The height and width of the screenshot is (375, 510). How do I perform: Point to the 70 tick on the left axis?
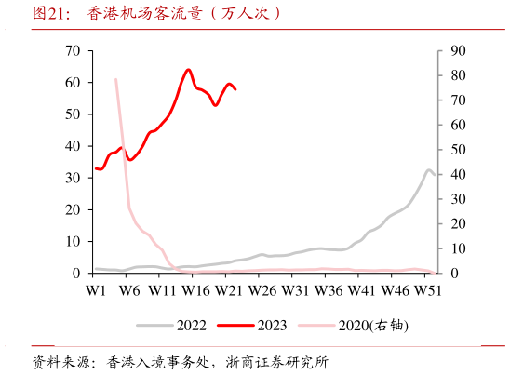[73, 50]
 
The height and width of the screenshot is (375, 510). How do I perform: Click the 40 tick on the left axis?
[73, 146]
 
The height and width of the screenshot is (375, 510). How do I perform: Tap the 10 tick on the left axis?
[73, 241]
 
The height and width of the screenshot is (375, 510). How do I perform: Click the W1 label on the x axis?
[95, 291]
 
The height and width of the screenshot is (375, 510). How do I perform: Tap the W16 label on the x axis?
[195, 291]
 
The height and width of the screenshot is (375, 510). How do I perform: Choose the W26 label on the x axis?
[262, 291]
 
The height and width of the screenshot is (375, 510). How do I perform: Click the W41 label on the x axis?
[361, 291]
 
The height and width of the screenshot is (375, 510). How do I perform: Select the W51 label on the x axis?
[427, 291]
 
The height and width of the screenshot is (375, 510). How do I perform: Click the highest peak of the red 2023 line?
[189, 69]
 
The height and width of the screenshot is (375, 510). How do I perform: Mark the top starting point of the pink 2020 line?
[115, 79]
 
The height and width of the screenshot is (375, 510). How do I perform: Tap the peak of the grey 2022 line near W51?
[429, 170]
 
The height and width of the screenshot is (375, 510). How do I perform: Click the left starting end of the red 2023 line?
[95, 168]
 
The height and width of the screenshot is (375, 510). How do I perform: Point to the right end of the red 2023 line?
[235, 89]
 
